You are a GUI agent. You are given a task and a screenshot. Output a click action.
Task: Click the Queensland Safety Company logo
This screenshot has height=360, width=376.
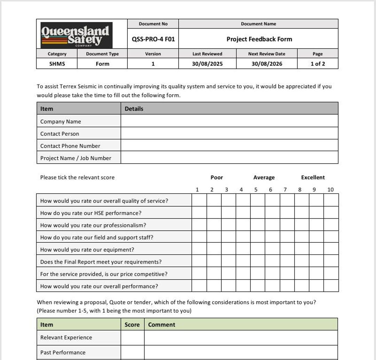(76, 35)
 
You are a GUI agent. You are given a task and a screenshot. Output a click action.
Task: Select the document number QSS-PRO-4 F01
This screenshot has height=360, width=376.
(153, 39)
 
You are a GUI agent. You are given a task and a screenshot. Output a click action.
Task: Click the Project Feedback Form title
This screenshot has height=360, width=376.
(259, 39)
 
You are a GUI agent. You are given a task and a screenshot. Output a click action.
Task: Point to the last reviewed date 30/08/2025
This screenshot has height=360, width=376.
(207, 64)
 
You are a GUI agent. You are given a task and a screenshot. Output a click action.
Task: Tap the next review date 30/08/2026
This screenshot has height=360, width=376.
(267, 64)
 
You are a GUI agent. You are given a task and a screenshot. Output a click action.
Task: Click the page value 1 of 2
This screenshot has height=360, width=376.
(318, 64)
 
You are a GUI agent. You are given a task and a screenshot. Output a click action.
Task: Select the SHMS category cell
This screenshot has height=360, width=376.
(57, 64)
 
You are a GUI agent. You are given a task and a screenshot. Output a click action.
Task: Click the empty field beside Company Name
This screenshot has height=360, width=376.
(229, 121)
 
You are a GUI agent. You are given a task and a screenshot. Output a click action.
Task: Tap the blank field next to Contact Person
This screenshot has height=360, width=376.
(229, 133)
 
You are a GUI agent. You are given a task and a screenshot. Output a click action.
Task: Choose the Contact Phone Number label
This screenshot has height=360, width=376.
(70, 146)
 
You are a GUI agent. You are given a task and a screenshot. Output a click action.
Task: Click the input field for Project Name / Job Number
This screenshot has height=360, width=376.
(229, 157)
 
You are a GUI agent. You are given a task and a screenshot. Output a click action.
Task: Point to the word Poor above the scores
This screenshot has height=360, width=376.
(217, 177)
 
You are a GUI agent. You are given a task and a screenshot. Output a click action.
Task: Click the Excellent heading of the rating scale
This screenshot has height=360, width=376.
(313, 177)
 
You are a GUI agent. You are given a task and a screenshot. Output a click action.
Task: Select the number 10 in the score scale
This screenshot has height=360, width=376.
(330, 189)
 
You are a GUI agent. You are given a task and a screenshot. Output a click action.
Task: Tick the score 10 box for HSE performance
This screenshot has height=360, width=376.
(331, 212)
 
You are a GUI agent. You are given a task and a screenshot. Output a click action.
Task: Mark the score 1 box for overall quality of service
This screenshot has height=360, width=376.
(199, 200)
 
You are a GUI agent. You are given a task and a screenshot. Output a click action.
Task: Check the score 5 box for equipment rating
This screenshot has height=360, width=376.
(257, 249)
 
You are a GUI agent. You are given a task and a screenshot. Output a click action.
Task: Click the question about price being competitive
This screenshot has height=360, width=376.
(104, 274)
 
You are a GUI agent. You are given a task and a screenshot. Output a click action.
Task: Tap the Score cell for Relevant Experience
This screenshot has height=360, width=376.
(132, 337)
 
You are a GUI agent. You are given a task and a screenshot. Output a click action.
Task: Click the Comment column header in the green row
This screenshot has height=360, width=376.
(162, 324)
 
